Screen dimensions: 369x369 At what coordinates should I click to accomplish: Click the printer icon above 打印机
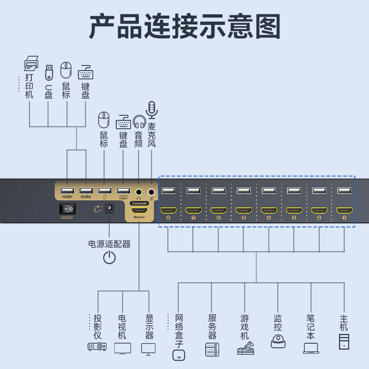click(31, 63)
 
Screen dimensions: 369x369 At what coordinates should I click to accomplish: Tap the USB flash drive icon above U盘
click(49, 72)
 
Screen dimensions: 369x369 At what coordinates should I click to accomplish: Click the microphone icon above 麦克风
click(152, 110)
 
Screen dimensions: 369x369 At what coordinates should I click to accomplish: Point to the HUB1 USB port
click(67, 190)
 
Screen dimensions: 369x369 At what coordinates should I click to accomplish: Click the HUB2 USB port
click(86, 190)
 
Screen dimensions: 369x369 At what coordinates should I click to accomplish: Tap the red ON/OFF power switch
click(67, 209)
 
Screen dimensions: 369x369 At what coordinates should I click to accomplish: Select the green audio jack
click(139, 191)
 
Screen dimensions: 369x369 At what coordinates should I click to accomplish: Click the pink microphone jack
click(151, 191)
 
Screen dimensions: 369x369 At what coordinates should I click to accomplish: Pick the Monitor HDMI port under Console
click(139, 210)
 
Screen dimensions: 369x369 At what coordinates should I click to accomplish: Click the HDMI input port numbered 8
click(168, 210)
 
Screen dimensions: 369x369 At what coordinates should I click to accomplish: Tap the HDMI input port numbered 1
click(344, 210)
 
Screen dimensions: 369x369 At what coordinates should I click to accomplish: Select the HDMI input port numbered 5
click(244, 210)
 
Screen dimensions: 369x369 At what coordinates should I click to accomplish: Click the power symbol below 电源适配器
click(109, 257)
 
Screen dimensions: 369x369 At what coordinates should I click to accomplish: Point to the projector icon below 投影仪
click(97, 346)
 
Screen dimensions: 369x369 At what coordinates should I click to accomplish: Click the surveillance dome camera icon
click(278, 341)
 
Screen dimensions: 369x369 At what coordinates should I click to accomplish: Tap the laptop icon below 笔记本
click(311, 348)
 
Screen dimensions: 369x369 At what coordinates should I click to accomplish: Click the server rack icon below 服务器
click(212, 349)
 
